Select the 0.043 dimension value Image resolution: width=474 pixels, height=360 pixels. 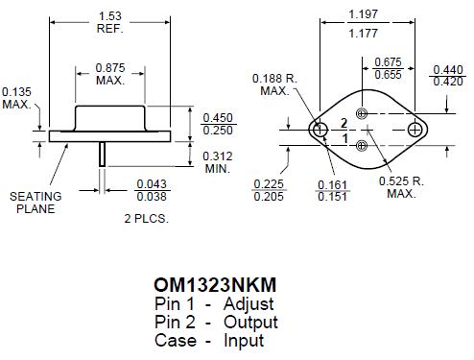pos(152,183)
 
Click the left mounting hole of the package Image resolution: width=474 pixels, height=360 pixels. pos(316,130)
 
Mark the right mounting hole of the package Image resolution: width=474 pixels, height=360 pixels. pos(415,130)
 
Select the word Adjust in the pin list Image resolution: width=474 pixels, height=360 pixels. pos(250,304)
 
